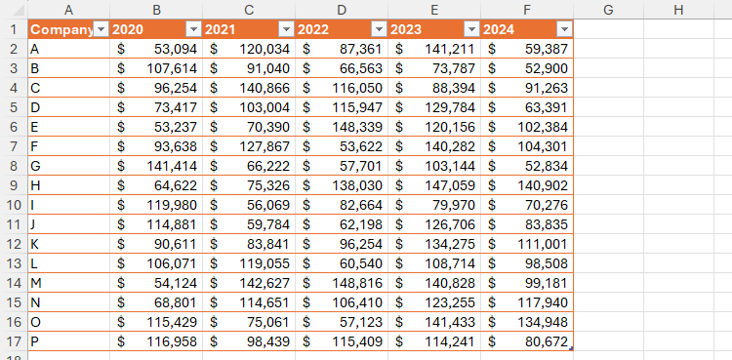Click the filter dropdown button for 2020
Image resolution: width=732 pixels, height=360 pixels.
[x=192, y=29]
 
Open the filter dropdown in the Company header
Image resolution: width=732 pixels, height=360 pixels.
[x=100, y=29]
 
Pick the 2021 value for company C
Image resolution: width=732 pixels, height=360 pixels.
[x=249, y=86]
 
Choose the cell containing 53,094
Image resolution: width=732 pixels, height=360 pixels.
[x=156, y=49]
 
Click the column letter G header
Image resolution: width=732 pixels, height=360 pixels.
[x=608, y=9]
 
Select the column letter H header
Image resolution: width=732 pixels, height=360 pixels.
[x=678, y=9]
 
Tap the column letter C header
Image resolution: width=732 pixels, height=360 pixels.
[x=249, y=9]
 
